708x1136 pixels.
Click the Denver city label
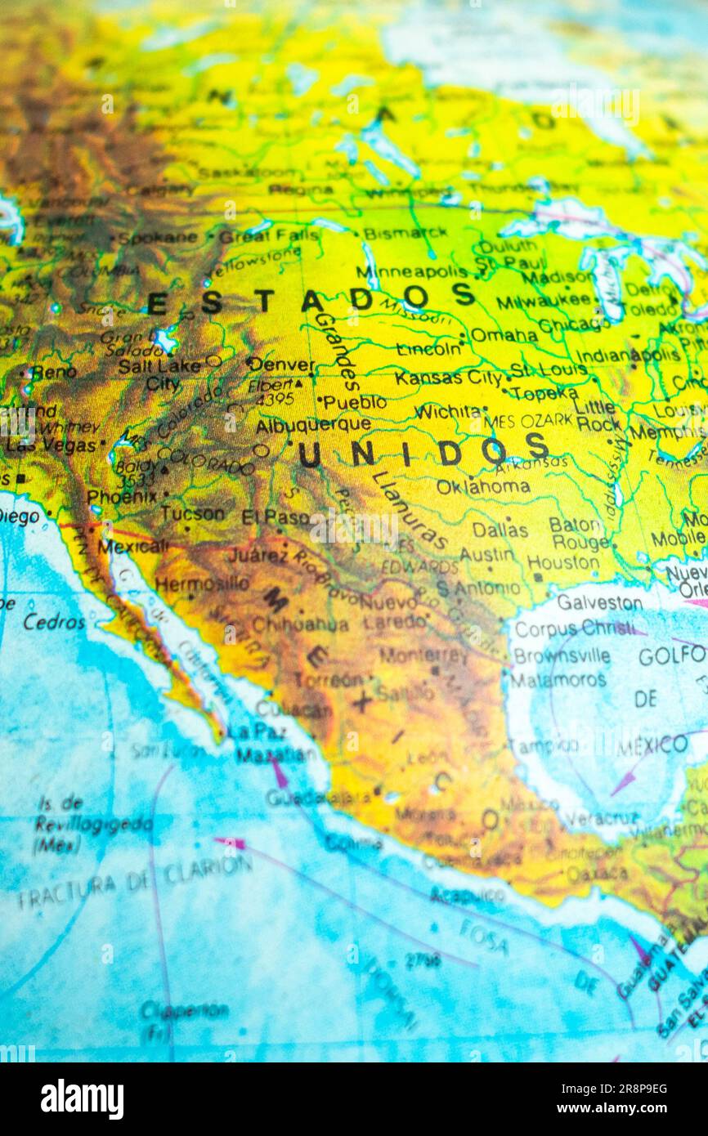coord(281,365)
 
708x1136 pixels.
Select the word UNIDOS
coord(423,451)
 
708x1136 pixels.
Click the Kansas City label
coord(449,378)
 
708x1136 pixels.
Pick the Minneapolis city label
coord(411,271)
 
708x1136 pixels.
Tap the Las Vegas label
coord(51,445)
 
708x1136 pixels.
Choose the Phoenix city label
coord(122,496)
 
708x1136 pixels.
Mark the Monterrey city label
coord(423,655)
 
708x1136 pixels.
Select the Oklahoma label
coord(482,486)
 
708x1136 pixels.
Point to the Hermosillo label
coord(202,584)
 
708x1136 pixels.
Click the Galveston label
coord(599,602)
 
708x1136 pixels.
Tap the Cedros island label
coord(54,622)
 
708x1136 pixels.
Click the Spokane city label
coord(157,238)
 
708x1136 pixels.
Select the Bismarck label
coord(405,233)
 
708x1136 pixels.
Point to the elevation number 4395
coord(275,400)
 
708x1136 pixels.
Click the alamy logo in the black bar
coord(82,1099)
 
